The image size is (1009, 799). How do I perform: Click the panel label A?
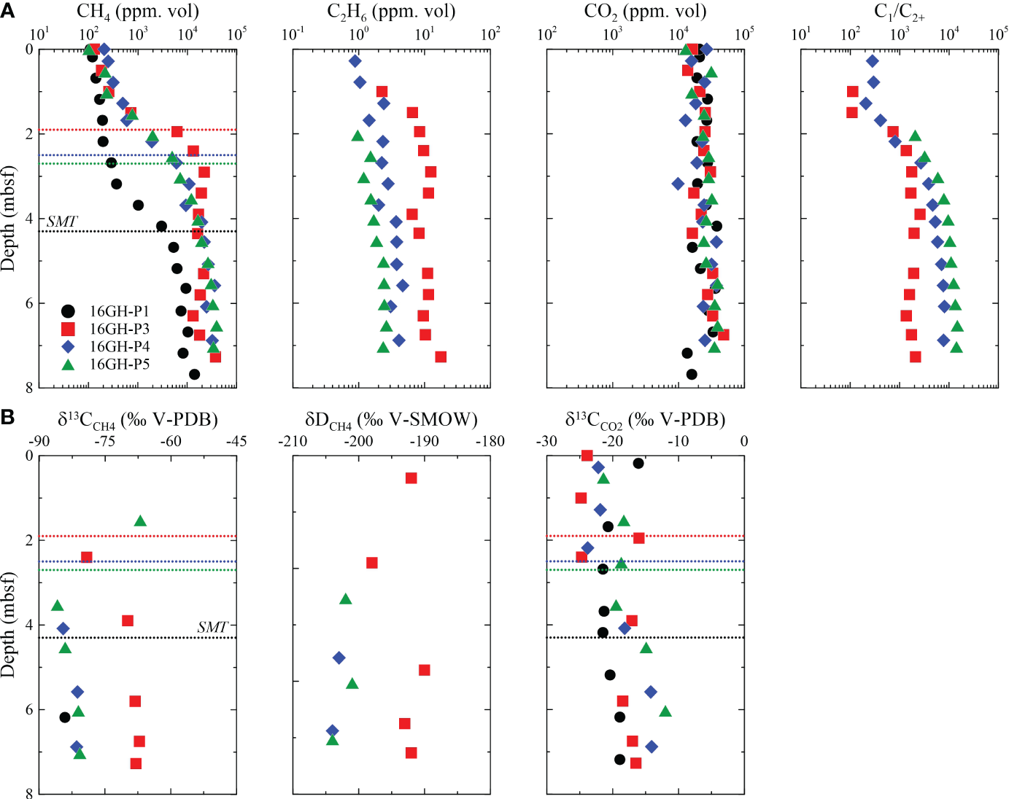tap(7, 12)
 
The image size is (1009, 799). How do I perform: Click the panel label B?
tap(7, 417)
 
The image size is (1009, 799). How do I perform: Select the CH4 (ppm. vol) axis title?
tap(138, 12)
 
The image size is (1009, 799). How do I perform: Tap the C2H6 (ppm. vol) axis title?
tap(391, 12)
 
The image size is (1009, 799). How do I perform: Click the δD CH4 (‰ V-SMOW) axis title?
tap(391, 420)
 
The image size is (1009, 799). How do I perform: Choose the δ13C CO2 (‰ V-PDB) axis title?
tap(645, 420)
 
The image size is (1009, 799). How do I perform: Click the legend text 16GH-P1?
tap(119, 311)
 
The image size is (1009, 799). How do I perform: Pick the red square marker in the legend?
tap(68, 329)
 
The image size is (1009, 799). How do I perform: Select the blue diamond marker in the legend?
tap(68, 346)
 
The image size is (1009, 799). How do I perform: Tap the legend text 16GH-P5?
tap(119, 364)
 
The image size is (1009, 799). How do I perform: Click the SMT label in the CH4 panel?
tap(62, 222)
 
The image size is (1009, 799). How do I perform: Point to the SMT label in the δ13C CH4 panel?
tap(212, 627)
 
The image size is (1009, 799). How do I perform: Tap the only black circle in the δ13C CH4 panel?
tap(65, 717)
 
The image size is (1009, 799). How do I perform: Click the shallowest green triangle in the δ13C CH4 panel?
tap(140, 521)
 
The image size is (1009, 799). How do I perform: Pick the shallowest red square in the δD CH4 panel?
tap(411, 478)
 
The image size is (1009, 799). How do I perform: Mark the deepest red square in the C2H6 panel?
tap(441, 356)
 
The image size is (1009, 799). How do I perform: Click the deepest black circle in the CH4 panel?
tap(194, 374)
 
